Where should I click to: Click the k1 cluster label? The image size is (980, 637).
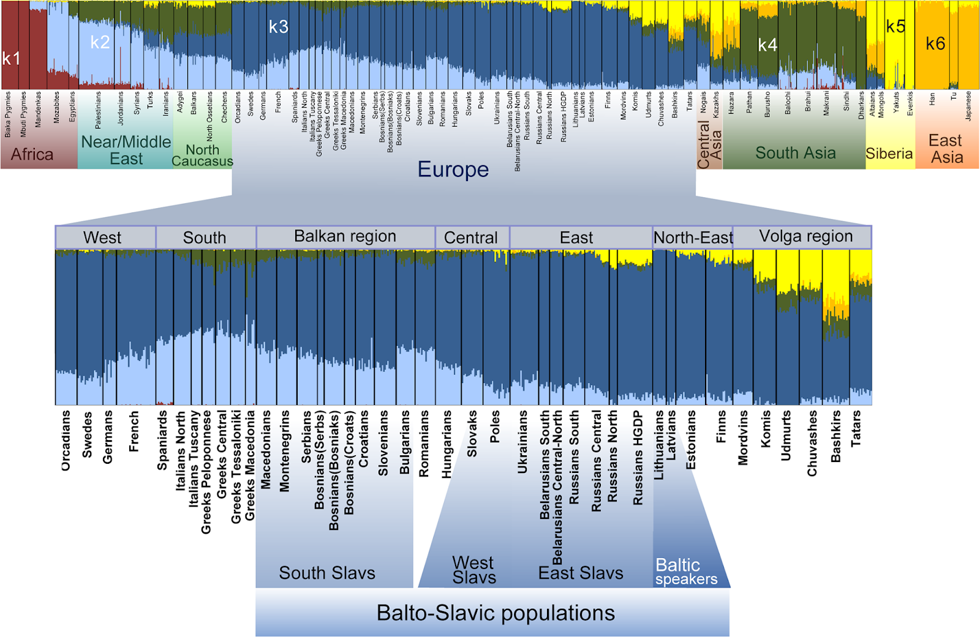pyautogui.click(x=11, y=59)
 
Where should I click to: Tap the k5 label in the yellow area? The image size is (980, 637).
pyautogui.click(x=895, y=26)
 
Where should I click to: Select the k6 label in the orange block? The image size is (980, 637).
pyautogui.click(x=935, y=43)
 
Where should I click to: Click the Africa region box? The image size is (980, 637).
pyautogui.click(x=32, y=154)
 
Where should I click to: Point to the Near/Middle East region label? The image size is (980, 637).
pyautogui.click(x=126, y=150)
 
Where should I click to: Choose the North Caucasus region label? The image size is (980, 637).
pyautogui.click(x=202, y=155)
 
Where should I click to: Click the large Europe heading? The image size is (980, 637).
pyautogui.click(x=453, y=169)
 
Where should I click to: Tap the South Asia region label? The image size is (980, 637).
pyautogui.click(x=795, y=153)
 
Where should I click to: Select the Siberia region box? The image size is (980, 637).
pyautogui.click(x=889, y=154)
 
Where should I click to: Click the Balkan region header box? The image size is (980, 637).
pyautogui.click(x=345, y=237)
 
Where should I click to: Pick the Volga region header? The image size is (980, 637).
pyautogui.click(x=805, y=237)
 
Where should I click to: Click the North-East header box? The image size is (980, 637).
pyautogui.click(x=693, y=237)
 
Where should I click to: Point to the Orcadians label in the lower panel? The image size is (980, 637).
pyautogui.click(x=66, y=440)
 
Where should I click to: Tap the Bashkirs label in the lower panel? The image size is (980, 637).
pyautogui.click(x=835, y=436)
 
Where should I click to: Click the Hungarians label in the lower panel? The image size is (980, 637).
pyautogui.click(x=447, y=444)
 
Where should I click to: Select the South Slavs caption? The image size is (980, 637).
pyautogui.click(x=327, y=573)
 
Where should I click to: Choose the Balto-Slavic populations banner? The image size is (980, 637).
pyautogui.click(x=495, y=613)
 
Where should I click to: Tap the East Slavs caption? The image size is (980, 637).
pyautogui.click(x=580, y=573)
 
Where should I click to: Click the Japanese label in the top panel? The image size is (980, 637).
pyautogui.click(x=968, y=105)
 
